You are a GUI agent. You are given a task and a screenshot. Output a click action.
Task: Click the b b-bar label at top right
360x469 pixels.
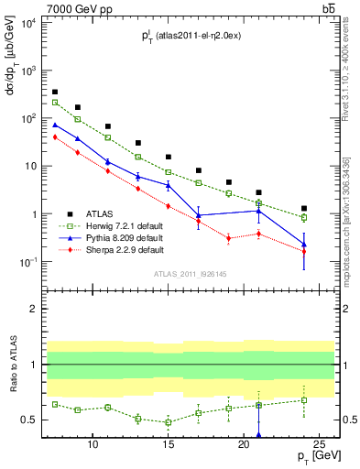(x=328, y=8)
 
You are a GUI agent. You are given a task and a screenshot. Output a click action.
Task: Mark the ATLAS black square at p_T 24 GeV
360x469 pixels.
(x=304, y=208)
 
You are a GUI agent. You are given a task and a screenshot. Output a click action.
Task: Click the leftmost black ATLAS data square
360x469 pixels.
(x=55, y=92)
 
